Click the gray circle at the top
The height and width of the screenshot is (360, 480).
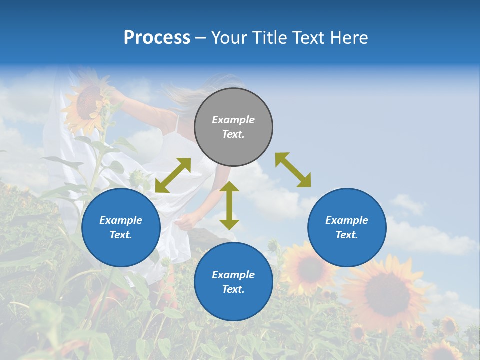pos(233,127)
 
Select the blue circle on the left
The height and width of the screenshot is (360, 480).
pos(121,227)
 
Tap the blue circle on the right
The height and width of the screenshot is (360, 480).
pos(347,227)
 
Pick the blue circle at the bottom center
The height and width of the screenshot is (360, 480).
pos(233,282)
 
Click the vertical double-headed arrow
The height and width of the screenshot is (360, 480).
pos(229,205)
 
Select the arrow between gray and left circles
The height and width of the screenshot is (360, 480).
pos(173,175)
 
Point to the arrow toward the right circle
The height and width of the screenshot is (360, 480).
pos(293,170)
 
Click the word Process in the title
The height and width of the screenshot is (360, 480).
pos(157,37)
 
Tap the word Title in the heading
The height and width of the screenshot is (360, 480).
pos(270,37)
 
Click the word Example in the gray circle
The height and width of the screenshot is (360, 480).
pos(233,120)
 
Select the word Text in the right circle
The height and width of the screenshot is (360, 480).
pos(347,235)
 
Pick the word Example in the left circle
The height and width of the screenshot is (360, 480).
pos(121,220)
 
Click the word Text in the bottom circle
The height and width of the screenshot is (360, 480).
pos(233,289)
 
